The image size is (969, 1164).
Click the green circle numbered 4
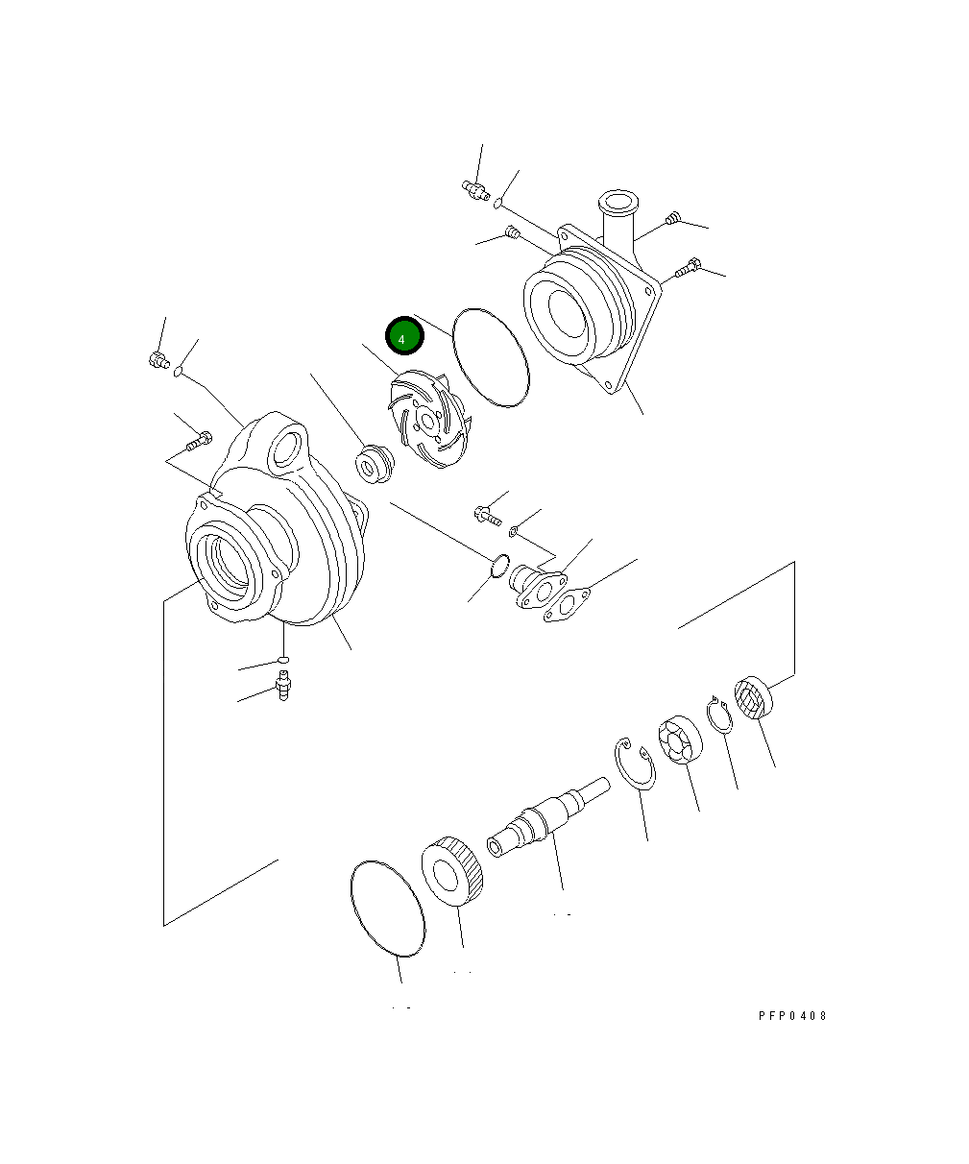404,336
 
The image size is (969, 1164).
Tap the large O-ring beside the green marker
490,358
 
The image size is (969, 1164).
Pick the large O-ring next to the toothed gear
386,908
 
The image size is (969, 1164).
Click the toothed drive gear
452,872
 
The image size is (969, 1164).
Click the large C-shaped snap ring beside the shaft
635,763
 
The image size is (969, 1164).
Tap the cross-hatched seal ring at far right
754,698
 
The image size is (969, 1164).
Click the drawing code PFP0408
791,1016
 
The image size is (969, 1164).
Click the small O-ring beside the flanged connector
497,566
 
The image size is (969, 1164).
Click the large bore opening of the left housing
228,568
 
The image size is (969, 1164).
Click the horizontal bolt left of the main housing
198,444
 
